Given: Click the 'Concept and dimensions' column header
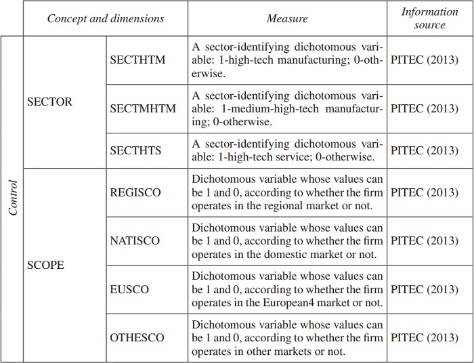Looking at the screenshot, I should coord(105,18).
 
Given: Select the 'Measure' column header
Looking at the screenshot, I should coord(287,18).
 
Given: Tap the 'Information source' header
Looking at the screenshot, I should coord(429,18).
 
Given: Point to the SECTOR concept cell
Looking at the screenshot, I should coord(49,102).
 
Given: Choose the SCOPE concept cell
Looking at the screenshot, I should coord(45,265).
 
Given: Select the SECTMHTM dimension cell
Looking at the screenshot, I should coord(143,108).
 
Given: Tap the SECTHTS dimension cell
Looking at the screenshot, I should coord(135,150).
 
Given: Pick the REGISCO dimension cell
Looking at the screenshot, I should coord(135,192).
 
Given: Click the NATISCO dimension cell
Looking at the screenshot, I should coord(135,240).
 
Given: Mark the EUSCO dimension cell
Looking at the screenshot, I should coord(129,289).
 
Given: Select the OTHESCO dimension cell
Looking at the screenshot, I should coord(137,338).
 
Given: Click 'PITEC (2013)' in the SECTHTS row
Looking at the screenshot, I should coord(425,150).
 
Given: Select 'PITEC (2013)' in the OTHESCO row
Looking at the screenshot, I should coord(425,338).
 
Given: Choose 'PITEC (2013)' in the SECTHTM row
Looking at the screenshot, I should coord(425,60).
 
